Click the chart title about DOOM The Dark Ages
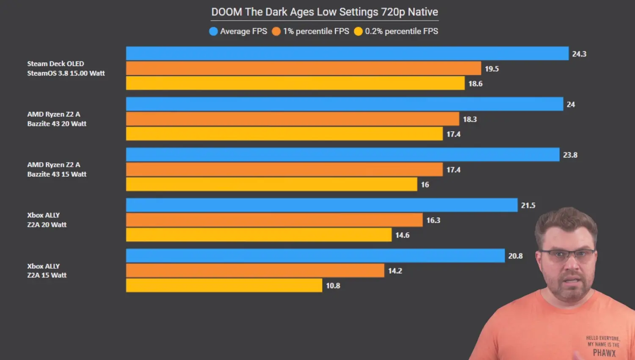(x=325, y=12)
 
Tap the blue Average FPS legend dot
(x=213, y=31)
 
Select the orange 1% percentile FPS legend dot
(x=276, y=31)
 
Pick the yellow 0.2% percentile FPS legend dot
(x=358, y=31)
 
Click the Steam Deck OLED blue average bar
(x=347, y=54)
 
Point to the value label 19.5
(x=491, y=69)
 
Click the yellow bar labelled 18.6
(x=295, y=83)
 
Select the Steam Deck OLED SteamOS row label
(x=66, y=69)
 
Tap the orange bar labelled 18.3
(x=292, y=119)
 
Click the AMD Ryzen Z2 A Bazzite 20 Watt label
(x=57, y=119)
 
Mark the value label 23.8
(x=570, y=155)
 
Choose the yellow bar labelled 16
(x=271, y=184)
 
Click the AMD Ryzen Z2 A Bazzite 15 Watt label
(x=57, y=169)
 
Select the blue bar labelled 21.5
(x=322, y=205)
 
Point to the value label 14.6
(x=402, y=235)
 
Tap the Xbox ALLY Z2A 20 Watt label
(x=47, y=220)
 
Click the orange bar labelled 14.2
(x=255, y=271)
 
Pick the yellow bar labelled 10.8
(x=224, y=286)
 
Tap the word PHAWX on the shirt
(x=604, y=353)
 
